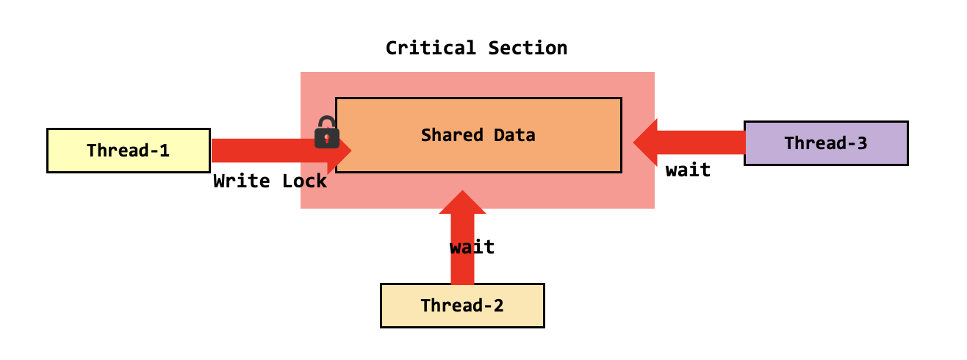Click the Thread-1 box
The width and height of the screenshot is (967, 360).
129,151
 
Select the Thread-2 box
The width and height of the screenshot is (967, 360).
462,306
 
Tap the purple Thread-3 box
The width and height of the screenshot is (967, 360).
826,143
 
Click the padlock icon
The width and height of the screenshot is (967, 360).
326,133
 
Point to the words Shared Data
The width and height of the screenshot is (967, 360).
478,135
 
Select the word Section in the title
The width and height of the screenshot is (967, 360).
527,48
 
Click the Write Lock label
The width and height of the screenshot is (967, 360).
270,181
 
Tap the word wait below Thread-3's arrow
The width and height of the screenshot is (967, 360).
688,170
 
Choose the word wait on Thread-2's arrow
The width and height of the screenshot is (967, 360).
472,247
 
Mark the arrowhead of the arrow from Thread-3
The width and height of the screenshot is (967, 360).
646,143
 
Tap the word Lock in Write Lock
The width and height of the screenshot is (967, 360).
304,181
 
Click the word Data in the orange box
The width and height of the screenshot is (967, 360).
514,135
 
